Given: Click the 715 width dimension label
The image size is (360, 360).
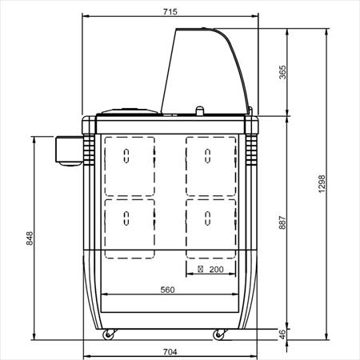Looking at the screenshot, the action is [x=170, y=12].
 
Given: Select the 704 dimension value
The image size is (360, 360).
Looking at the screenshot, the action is [x=170, y=352].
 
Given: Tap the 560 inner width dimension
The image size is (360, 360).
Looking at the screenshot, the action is [x=167, y=290].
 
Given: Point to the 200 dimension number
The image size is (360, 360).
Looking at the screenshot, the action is [x=216, y=270].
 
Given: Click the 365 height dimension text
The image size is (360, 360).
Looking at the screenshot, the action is [x=282, y=72].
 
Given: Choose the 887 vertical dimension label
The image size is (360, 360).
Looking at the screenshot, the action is [x=282, y=222].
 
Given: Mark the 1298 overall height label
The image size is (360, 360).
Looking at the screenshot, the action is [x=322, y=184].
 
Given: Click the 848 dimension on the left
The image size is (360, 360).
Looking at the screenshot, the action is [x=30, y=238].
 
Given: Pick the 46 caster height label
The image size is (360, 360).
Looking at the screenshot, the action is [x=282, y=334].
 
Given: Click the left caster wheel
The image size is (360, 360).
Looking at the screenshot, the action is [x=108, y=335].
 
